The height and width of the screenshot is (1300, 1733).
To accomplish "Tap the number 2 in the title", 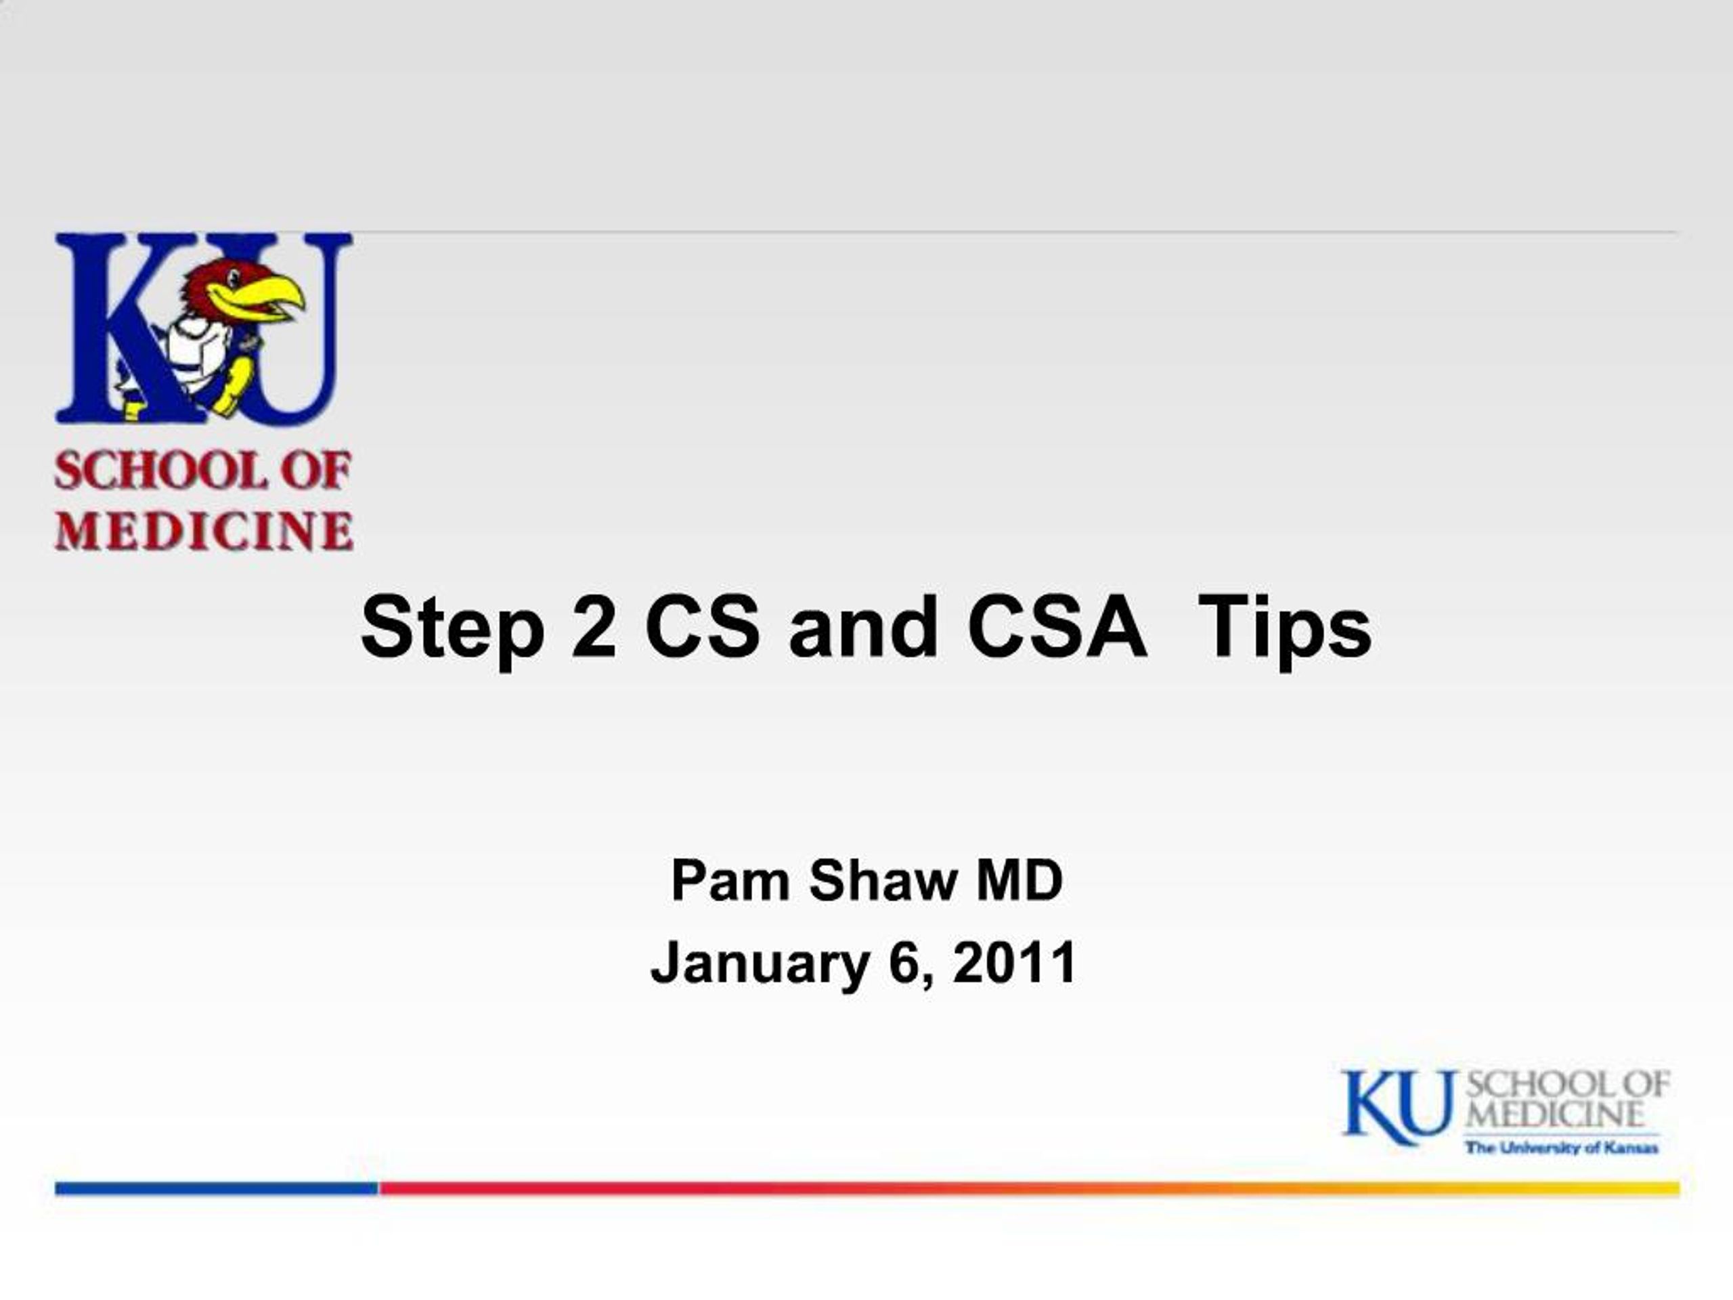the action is coord(594,627).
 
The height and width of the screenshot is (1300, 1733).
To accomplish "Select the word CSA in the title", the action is coord(1057,627).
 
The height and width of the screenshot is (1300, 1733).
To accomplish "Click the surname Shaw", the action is coord(883,881).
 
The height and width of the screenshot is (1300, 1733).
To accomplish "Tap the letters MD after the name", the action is coord(1019,881).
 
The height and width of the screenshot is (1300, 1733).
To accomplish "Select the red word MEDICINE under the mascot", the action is coord(204,531).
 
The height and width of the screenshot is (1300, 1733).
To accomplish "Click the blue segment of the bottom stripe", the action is coord(217,1189).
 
